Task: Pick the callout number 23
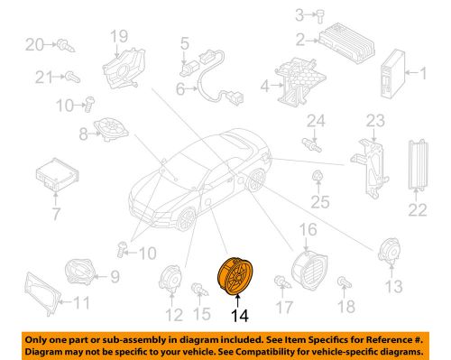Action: [x=374, y=119]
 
